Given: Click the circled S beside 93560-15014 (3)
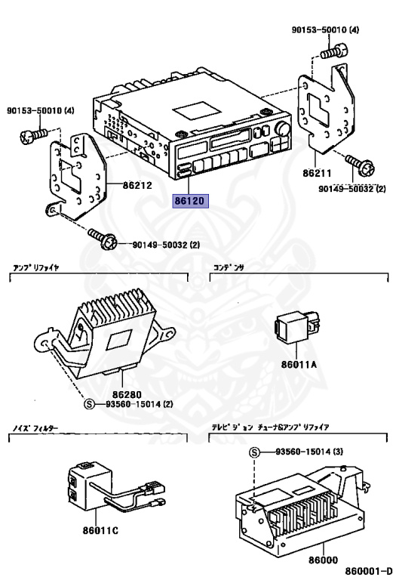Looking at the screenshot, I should (254, 452).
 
